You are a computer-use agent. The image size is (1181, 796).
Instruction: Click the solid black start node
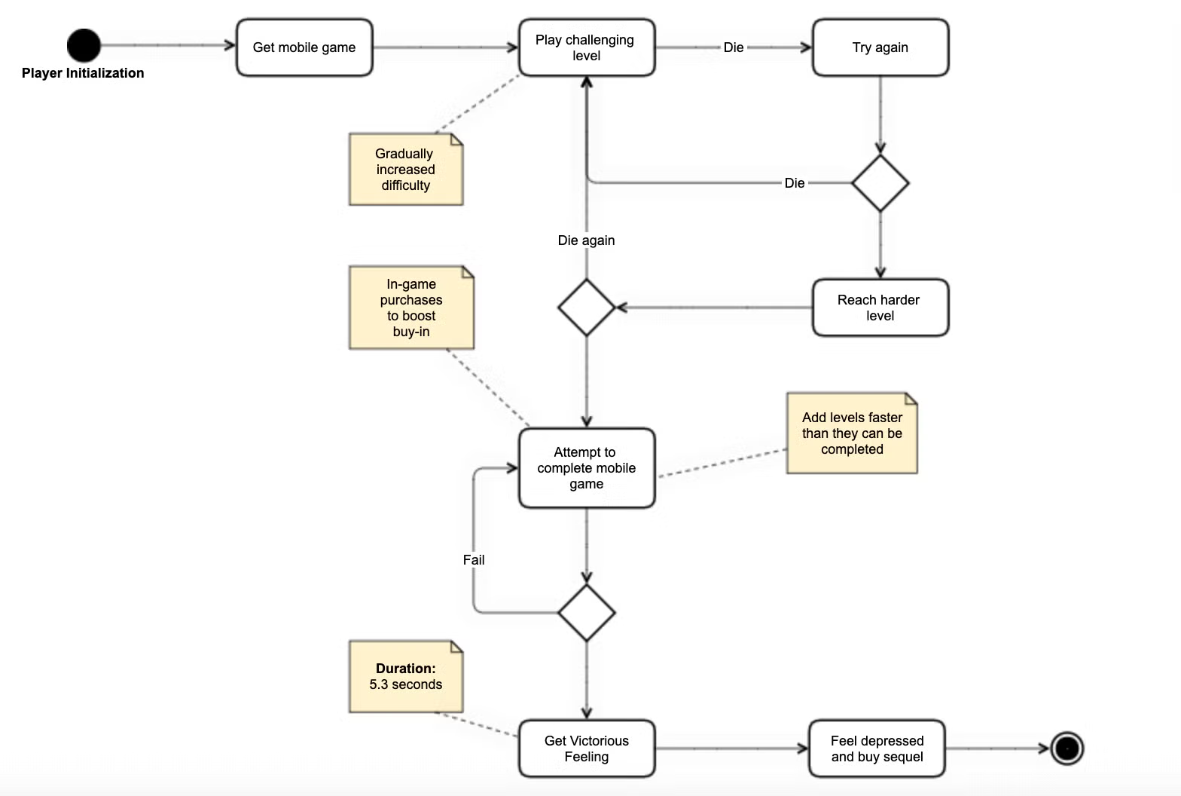(84, 45)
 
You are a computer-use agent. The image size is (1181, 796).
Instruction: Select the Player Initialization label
(83, 73)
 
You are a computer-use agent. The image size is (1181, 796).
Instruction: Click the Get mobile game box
(304, 47)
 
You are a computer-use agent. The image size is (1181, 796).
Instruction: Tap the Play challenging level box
(586, 47)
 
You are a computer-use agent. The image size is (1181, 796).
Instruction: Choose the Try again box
(880, 47)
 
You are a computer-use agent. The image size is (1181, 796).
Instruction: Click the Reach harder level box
(880, 308)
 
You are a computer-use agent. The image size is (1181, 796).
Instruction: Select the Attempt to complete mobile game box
(586, 468)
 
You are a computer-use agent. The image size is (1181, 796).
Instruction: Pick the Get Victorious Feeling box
(586, 749)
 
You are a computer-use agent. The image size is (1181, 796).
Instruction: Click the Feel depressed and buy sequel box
(877, 749)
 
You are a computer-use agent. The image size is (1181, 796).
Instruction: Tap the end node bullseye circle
(1067, 749)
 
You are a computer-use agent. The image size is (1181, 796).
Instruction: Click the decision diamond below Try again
(880, 183)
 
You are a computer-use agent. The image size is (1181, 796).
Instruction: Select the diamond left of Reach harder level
(586, 308)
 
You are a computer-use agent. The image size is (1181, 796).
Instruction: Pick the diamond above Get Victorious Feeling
(586, 613)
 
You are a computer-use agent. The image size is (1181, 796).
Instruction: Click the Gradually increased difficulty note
(405, 170)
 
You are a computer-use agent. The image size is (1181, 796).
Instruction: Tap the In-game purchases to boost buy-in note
(411, 308)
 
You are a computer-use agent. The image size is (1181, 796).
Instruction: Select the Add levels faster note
(852, 433)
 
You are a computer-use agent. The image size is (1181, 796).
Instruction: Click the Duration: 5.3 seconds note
(405, 676)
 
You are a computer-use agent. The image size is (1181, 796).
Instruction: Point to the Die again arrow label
(586, 240)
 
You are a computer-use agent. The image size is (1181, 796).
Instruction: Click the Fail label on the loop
(474, 560)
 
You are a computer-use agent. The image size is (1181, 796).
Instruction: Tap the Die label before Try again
(734, 47)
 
